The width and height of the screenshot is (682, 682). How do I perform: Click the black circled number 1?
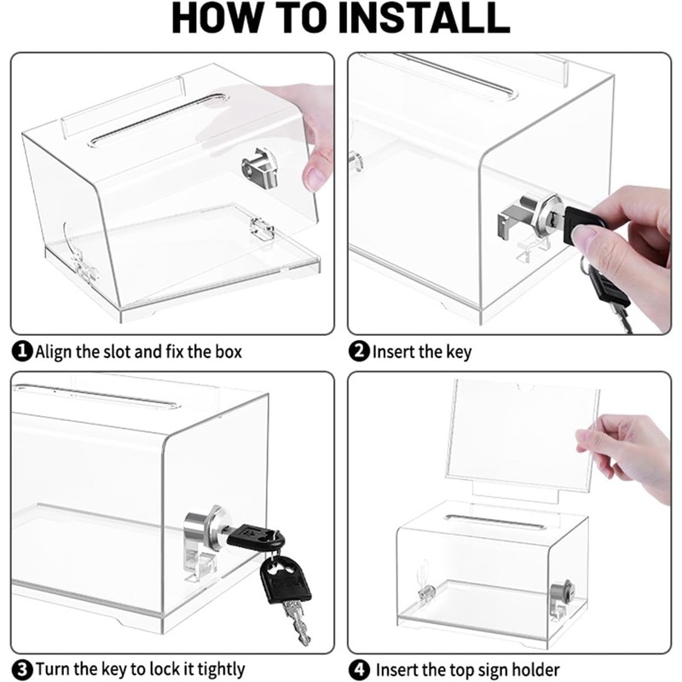click(22, 351)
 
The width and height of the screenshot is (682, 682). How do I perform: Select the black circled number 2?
click(359, 351)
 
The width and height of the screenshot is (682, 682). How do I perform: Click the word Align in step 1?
click(54, 352)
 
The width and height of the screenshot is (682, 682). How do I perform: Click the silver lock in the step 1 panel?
click(260, 167)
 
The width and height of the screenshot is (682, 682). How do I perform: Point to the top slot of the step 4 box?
click(495, 522)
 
